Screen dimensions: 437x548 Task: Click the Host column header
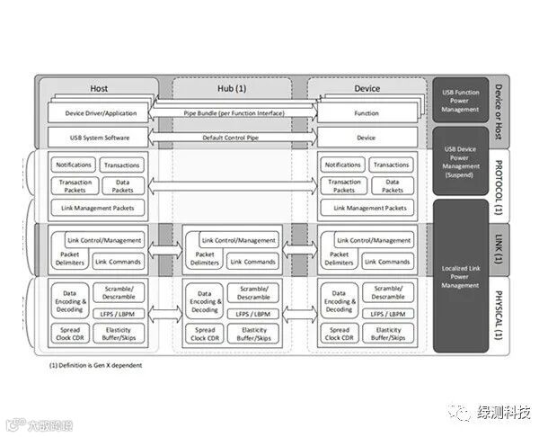point(99,88)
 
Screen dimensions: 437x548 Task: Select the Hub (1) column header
point(232,88)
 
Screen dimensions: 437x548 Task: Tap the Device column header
point(367,88)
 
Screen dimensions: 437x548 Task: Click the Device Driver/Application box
point(100,114)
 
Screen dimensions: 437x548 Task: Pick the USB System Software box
point(100,138)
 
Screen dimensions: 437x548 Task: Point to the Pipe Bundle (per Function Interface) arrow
point(233,114)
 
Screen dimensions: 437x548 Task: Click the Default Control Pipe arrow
point(233,138)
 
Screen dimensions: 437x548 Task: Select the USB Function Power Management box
point(459,100)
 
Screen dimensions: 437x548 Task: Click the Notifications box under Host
point(75,165)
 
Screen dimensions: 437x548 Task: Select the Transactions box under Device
point(392,165)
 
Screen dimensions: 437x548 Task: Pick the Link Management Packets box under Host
point(99,208)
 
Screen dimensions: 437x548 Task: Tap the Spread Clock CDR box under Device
point(339,335)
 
